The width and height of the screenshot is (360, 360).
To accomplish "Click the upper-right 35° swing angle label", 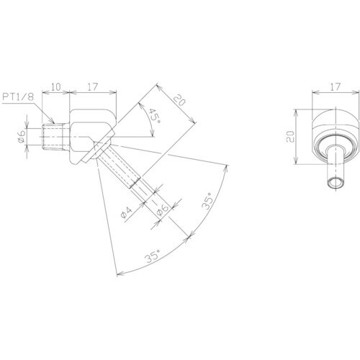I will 210,201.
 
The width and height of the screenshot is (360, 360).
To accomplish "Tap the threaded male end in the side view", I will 57,135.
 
